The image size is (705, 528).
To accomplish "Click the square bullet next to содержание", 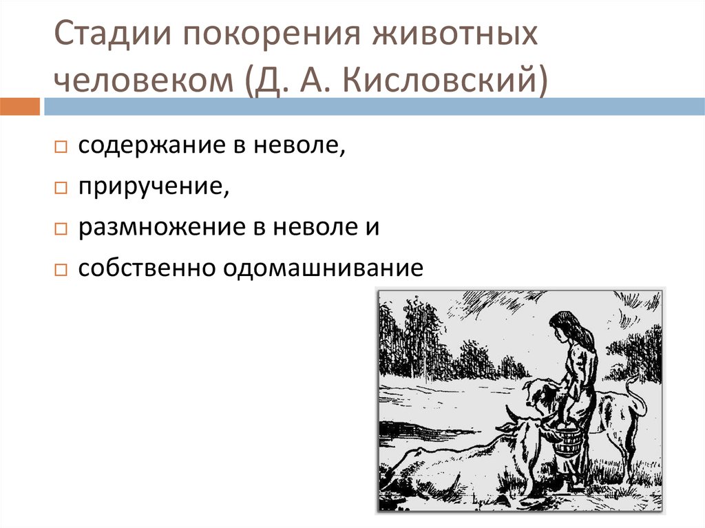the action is click(x=61, y=147).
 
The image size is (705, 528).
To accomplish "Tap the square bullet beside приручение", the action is click(x=61, y=187).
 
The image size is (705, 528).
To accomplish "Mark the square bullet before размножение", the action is click(x=61, y=229).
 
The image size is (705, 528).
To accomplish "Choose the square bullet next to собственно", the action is click(x=61, y=270).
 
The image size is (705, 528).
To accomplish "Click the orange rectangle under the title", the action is click(x=20, y=107).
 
